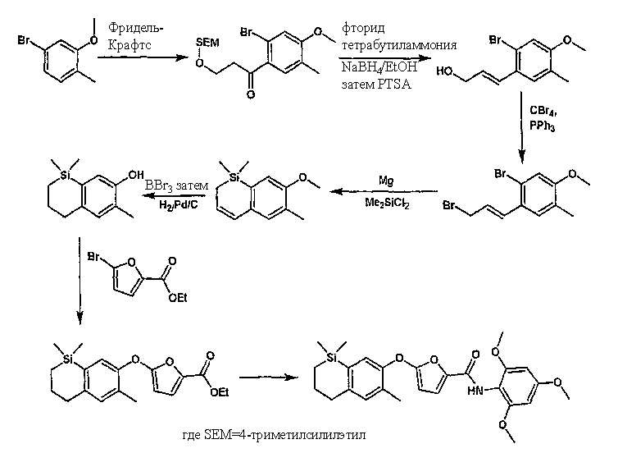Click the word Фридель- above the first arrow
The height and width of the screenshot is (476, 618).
[x=135, y=29]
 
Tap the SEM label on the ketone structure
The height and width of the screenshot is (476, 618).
[x=207, y=43]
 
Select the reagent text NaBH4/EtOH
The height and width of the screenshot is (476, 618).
[x=379, y=67]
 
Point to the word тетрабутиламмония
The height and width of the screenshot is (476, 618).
[x=399, y=45]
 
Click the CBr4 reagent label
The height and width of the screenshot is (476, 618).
[x=543, y=111]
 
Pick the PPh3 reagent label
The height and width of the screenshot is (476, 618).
[x=543, y=126]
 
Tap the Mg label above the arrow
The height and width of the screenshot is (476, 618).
[x=386, y=181]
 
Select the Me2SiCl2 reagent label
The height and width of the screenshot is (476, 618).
[x=387, y=203]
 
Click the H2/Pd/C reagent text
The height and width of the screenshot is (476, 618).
[x=179, y=204]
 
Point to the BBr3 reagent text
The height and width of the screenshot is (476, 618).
[x=158, y=186]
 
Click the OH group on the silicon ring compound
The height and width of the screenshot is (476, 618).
[x=136, y=175]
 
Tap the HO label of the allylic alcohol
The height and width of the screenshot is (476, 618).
[x=444, y=71]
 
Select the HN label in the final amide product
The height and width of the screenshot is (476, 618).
[x=475, y=391]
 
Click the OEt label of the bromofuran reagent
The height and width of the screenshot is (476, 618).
[x=178, y=298]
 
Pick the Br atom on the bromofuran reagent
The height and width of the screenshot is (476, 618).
[x=93, y=257]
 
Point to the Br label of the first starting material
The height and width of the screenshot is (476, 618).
[x=24, y=40]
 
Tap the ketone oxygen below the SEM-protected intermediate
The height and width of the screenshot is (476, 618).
[x=251, y=94]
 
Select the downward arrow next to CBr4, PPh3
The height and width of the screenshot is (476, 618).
[x=522, y=127]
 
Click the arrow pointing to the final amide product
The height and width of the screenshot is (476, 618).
[x=269, y=378]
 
